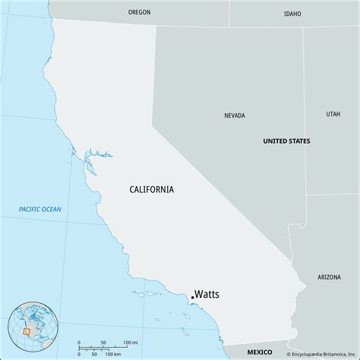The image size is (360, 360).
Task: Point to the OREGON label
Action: coord(140,12)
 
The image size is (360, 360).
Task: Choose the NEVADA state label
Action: coord(235,115)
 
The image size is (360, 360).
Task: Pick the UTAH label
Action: coord(333,114)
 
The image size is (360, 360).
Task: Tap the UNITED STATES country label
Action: coord(286,141)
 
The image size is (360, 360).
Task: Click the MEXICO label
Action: coord(260,352)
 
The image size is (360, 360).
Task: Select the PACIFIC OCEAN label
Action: coord(41,209)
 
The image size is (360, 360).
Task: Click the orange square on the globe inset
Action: coord(27,331)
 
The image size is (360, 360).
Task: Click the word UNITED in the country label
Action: coord(275,141)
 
